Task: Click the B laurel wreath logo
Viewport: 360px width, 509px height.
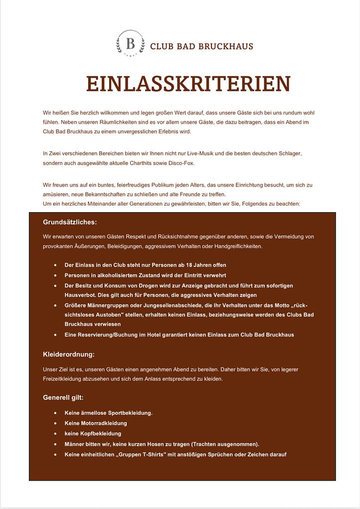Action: (130, 43)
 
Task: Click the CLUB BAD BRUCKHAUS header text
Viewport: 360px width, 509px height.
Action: (201, 46)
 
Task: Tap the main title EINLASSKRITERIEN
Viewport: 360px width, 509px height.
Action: (188, 84)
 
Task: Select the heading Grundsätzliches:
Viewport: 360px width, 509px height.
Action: (70, 222)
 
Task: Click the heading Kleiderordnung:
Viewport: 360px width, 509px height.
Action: (69, 354)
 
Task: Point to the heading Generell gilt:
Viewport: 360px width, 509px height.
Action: (63, 398)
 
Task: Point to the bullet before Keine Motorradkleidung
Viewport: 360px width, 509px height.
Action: (55, 423)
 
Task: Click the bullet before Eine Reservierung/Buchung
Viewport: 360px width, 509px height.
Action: (55, 334)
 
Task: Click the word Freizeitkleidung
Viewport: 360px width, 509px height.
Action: (63, 379)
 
